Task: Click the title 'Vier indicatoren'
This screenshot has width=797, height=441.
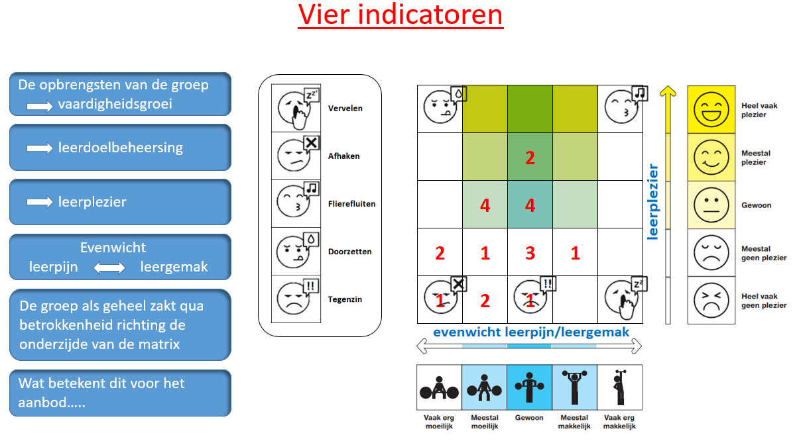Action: coord(400,15)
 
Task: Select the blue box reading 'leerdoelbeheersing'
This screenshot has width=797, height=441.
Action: coord(120,148)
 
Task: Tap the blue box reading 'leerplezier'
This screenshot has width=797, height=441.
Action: coord(120,202)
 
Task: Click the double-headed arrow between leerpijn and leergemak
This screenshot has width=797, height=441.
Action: coord(109,268)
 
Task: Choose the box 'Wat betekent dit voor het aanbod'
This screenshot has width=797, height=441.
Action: coord(120,393)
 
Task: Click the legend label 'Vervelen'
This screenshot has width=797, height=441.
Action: coord(345,109)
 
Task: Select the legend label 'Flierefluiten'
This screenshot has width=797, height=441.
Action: coord(351,204)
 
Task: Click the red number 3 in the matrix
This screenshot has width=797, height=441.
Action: coord(530,252)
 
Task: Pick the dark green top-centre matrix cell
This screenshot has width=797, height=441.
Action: coord(530,109)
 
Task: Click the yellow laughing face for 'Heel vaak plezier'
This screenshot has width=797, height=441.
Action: coord(711,110)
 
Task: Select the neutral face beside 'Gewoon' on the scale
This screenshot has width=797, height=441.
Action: coord(711,205)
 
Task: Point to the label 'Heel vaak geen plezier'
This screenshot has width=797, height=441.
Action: coord(764,301)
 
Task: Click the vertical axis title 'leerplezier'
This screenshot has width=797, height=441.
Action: coord(653,201)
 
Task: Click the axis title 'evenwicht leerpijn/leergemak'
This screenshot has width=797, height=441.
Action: coord(530,332)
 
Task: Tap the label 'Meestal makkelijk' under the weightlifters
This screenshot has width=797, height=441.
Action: coord(574,422)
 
